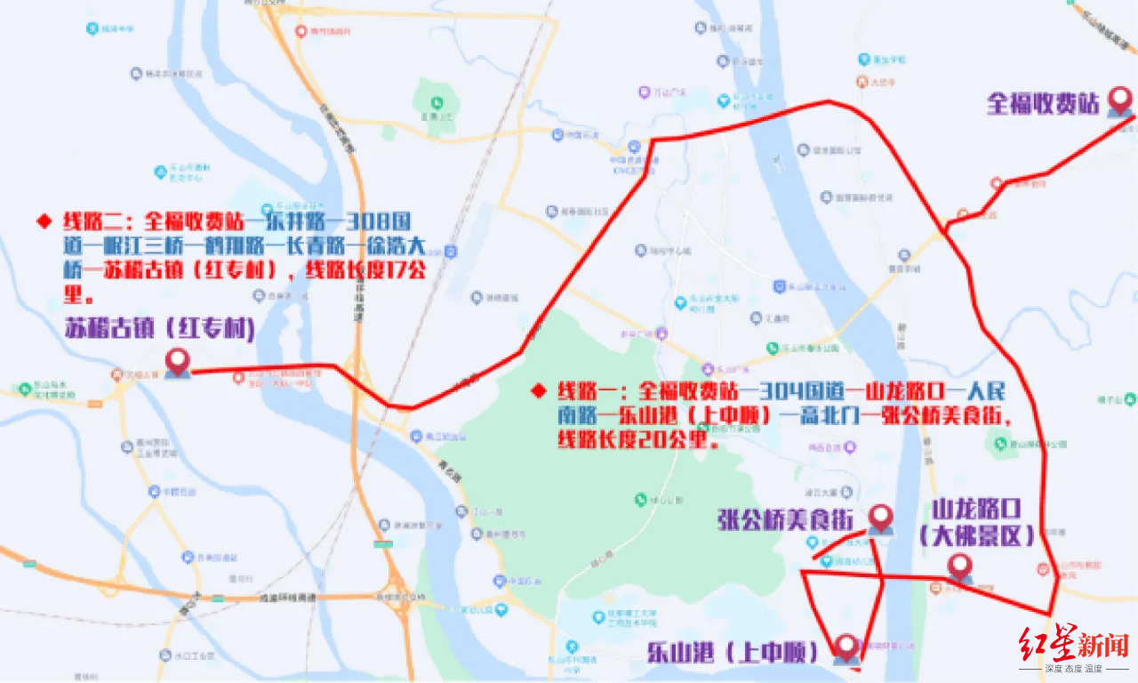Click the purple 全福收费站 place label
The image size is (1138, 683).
[1043, 104]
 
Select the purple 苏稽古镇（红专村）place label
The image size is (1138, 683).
[160, 330]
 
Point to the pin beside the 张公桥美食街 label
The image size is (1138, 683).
[880, 518]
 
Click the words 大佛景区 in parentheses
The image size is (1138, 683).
[977, 537]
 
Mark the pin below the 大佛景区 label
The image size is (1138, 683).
[959, 568]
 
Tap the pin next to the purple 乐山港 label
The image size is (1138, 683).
[846, 648]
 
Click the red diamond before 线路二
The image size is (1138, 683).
[41, 220]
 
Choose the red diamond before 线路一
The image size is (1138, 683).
[536, 390]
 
